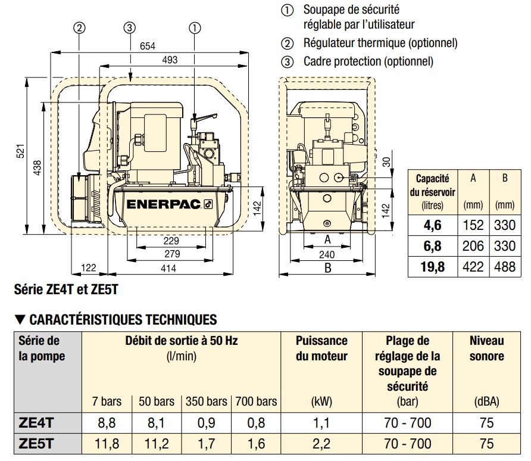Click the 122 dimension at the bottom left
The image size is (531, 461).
point(88,269)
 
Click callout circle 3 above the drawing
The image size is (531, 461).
point(130,27)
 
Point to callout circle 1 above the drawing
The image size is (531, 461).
point(194,27)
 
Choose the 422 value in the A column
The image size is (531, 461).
point(473,266)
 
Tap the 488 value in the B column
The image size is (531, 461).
point(504,266)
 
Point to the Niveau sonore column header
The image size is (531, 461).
point(486,348)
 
